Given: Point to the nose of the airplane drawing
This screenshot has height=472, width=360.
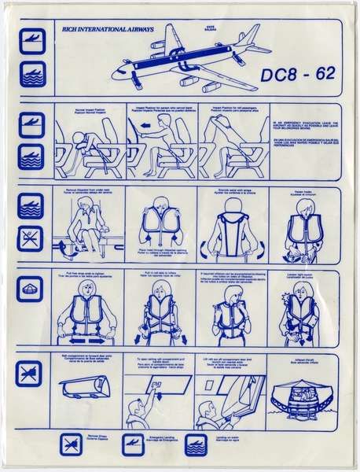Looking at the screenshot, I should [x=116, y=76].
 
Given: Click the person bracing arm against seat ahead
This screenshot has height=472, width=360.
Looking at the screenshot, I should [x=152, y=146].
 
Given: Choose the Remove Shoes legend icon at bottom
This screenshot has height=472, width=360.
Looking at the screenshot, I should [x=72, y=444].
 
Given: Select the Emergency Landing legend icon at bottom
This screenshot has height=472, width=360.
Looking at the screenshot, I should [x=132, y=444].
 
